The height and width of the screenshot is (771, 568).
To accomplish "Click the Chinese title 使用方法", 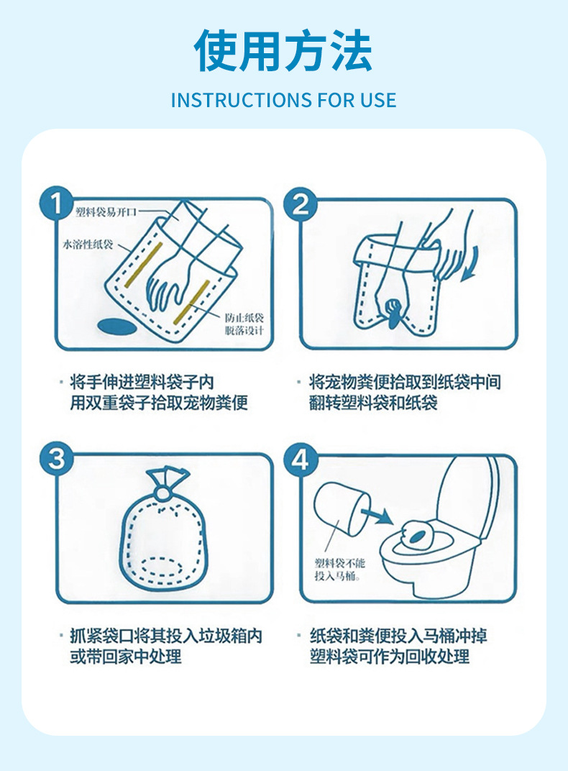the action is click(283, 50).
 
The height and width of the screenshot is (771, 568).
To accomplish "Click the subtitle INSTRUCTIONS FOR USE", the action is click(283, 100).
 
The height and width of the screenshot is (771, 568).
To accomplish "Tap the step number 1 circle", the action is click(57, 203).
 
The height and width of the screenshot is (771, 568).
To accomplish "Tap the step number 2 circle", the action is click(300, 204).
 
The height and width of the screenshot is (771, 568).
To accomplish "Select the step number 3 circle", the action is click(57, 459).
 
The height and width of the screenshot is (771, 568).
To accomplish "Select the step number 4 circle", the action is click(301, 460).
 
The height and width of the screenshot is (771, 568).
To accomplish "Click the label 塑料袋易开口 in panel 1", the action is click(106, 212).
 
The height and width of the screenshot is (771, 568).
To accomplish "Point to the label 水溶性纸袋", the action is click(88, 244).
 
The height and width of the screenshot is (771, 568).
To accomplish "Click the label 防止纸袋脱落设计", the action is click(244, 324).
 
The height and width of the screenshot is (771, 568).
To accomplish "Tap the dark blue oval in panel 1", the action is click(116, 326).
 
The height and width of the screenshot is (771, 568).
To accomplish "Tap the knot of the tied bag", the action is click(162, 493).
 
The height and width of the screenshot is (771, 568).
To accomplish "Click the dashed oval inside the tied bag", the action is click(162, 567).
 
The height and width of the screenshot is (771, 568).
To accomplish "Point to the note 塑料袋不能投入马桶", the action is click(339, 570).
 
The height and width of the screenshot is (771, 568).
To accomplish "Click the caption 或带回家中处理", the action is click(125, 657).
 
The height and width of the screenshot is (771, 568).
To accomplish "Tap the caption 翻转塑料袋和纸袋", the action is click(373, 403).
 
